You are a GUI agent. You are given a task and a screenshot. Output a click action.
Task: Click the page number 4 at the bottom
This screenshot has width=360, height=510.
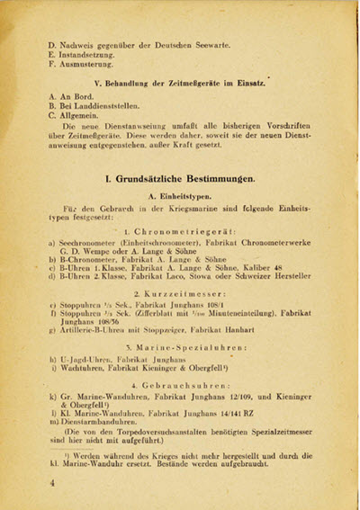coord(53,483)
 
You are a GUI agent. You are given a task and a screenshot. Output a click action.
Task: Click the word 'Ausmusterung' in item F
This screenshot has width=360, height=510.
coord(93,65)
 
